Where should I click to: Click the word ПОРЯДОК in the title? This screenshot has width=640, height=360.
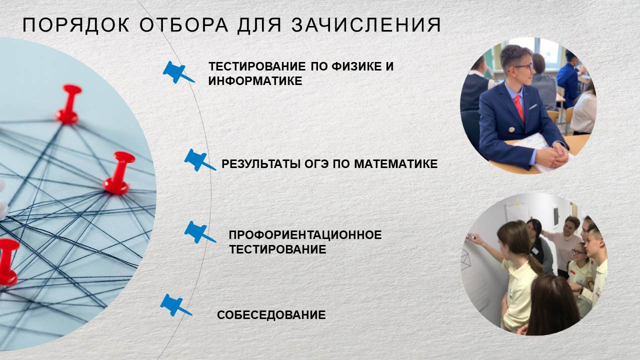(76, 25)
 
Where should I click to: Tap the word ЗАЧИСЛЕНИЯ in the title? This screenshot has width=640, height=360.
(366, 25)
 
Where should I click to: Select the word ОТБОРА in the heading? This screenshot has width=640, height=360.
(183, 25)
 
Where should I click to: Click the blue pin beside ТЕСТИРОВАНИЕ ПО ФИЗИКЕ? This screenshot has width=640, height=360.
(178, 72)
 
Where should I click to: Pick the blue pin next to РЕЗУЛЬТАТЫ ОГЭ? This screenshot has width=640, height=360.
(199, 160)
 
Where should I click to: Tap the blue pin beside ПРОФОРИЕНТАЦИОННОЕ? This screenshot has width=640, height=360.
(199, 232)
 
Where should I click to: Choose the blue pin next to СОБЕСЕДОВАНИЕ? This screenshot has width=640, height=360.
(175, 305)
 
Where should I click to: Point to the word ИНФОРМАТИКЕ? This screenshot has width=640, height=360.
(255, 81)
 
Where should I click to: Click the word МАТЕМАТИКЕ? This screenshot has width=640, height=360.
(396, 164)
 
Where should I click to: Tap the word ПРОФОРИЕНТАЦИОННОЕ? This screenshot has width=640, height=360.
(305, 235)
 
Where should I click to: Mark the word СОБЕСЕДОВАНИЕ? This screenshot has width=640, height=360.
(271, 315)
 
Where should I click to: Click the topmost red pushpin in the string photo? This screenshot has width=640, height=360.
(68, 104)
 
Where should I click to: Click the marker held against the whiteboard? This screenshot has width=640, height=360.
(470, 237)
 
